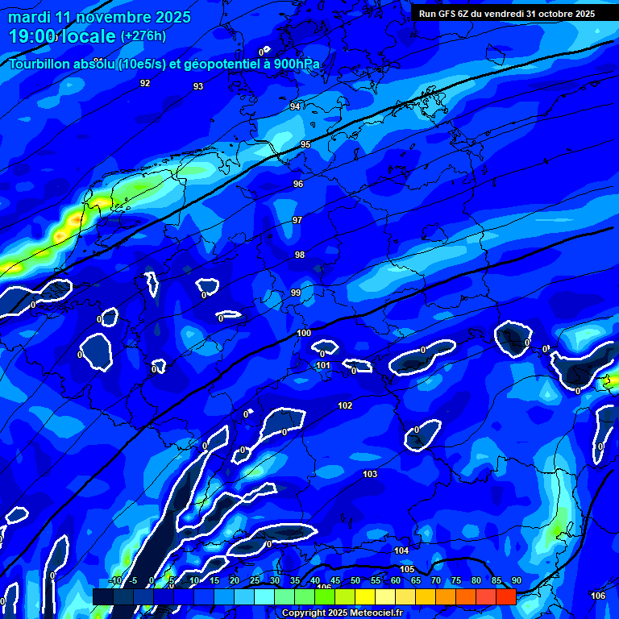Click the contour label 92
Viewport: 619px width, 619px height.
(x=145, y=83)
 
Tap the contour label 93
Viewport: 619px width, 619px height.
(x=198, y=86)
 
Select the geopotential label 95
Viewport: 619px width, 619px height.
(x=305, y=144)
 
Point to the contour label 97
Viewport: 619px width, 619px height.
(x=297, y=220)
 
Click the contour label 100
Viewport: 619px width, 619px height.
(x=304, y=333)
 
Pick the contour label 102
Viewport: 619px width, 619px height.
(x=345, y=405)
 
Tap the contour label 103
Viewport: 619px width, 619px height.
(x=370, y=474)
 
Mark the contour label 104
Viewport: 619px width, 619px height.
(x=401, y=550)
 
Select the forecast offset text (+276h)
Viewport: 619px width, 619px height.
(x=143, y=36)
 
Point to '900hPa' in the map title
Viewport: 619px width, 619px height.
(x=297, y=64)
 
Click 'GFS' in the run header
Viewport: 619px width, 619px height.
(x=451, y=14)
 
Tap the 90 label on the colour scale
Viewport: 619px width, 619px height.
(x=516, y=581)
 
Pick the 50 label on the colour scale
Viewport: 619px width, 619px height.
(x=355, y=581)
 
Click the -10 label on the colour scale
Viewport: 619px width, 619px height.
(x=114, y=581)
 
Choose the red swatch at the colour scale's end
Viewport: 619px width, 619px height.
(x=505, y=596)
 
